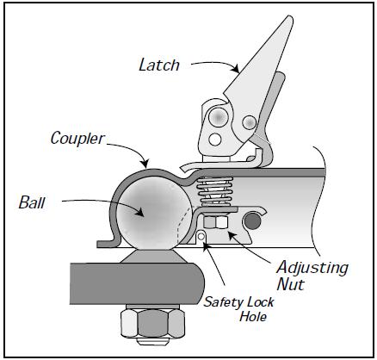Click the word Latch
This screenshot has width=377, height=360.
click(x=159, y=65)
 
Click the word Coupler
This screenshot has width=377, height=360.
click(x=77, y=139)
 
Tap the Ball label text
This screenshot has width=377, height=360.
click(x=32, y=202)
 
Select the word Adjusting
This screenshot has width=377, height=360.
click(x=312, y=269)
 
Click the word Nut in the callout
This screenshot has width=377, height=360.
click(x=291, y=284)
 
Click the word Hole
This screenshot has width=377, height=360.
click(x=253, y=316)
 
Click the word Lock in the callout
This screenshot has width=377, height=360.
click(x=259, y=302)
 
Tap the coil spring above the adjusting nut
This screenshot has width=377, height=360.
click(x=215, y=191)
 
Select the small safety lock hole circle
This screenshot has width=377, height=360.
click(x=201, y=236)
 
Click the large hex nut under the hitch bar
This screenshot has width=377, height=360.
click(x=152, y=323)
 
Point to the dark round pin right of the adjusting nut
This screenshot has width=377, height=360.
click(x=252, y=221)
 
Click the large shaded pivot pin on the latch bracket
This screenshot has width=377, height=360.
click(x=219, y=117)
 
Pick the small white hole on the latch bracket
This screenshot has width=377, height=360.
click(x=215, y=140)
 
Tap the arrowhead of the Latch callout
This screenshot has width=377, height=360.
click(x=236, y=69)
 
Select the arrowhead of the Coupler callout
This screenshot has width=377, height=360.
click(x=145, y=164)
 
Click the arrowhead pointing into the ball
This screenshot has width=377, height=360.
click(x=139, y=213)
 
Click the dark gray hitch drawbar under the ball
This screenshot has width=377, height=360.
click(x=137, y=283)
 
